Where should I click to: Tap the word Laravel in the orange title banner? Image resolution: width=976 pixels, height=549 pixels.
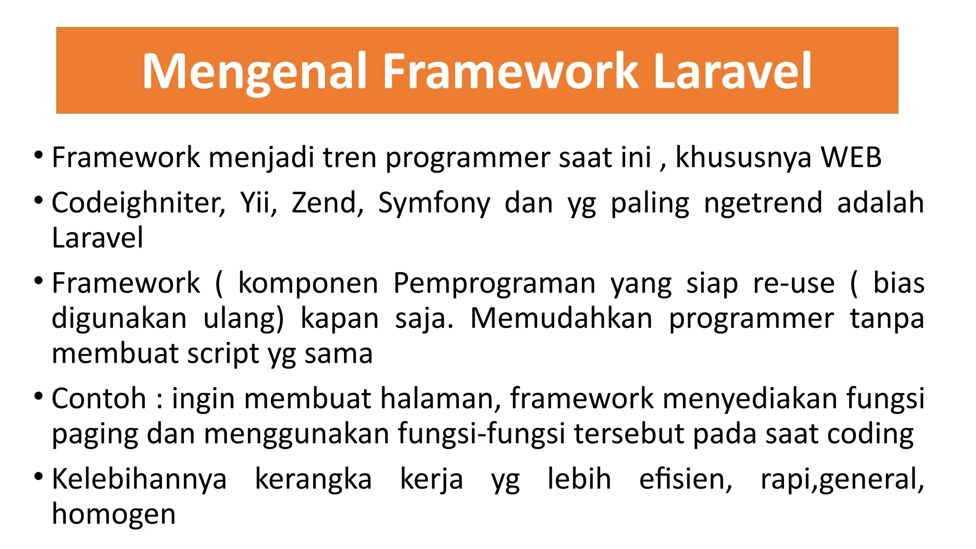[x=732, y=71]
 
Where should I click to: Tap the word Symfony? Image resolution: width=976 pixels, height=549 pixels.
[x=434, y=203]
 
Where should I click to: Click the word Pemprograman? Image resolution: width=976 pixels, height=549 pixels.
[x=494, y=283]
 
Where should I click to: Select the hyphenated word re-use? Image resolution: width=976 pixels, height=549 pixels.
[x=793, y=283]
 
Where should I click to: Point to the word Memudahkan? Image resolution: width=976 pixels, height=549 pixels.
[x=561, y=318]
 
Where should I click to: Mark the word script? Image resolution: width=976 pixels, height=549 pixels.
[x=223, y=354]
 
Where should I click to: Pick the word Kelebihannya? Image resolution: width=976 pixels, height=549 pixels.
[x=139, y=479]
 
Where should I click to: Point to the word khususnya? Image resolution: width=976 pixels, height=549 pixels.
[x=743, y=158]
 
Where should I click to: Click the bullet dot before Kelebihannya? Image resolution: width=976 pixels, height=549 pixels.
[x=39, y=476]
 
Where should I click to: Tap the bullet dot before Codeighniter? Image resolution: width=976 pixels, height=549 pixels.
[x=39, y=200]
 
